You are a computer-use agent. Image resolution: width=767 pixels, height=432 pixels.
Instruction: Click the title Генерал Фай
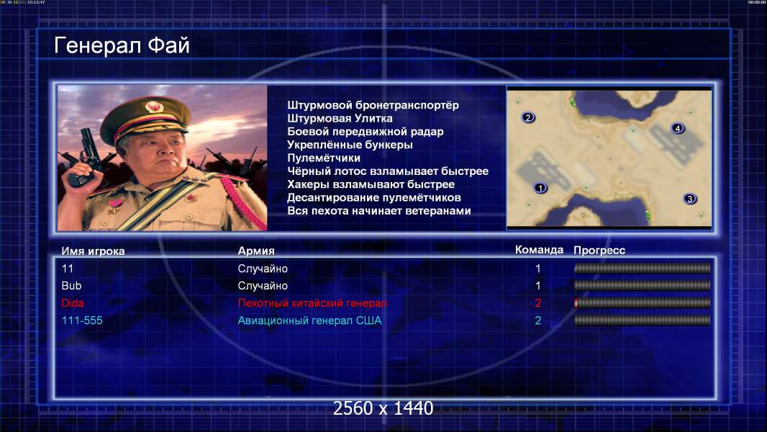(x=122, y=45)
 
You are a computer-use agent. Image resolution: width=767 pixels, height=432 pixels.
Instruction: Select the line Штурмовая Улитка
(x=340, y=118)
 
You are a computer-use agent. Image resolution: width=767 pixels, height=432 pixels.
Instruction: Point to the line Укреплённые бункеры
(x=350, y=145)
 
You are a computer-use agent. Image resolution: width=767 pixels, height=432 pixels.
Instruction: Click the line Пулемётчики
(x=324, y=158)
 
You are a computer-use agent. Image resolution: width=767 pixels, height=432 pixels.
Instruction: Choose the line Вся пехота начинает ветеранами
(x=379, y=211)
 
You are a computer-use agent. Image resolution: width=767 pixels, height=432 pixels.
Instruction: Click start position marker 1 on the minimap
(x=540, y=188)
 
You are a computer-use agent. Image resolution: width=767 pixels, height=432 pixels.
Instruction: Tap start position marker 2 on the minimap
(x=528, y=117)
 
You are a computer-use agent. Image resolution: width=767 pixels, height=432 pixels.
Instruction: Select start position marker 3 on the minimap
(x=690, y=199)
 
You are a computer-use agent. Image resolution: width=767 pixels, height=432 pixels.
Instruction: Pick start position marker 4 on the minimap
(x=678, y=128)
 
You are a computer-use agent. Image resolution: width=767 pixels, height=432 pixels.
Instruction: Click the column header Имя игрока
(x=93, y=251)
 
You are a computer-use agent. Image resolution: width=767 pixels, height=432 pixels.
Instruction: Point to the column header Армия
(x=256, y=251)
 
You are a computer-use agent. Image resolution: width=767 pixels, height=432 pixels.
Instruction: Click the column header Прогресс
(x=599, y=250)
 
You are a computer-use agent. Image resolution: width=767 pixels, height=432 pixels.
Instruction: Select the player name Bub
(x=71, y=286)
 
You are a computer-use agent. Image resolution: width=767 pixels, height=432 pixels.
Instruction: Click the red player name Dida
(x=73, y=303)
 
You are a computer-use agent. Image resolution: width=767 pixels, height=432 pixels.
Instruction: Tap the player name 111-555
(x=82, y=320)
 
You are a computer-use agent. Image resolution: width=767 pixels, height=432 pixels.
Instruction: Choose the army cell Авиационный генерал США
(x=309, y=320)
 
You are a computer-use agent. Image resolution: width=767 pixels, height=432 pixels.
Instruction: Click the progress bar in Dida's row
(x=643, y=303)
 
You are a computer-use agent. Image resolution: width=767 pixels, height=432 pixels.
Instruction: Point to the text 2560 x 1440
(x=383, y=408)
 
